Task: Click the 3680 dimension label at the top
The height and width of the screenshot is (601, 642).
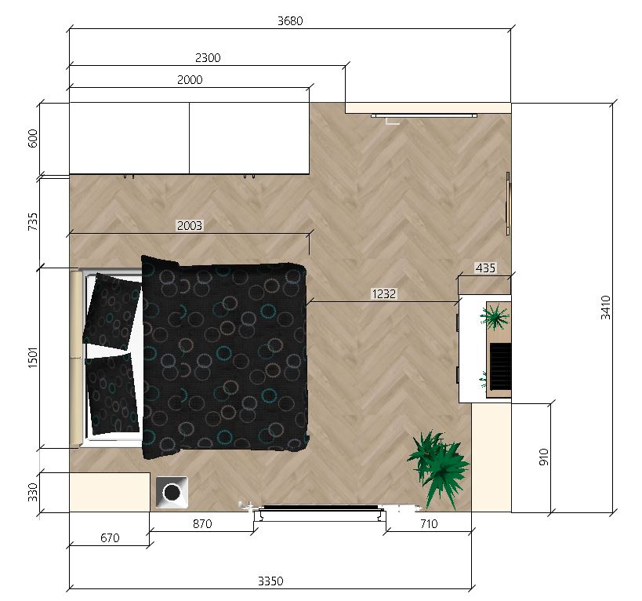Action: tap(290, 21)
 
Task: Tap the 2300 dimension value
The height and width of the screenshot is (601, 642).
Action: tap(208, 58)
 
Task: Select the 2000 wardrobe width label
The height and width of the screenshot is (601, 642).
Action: tap(190, 80)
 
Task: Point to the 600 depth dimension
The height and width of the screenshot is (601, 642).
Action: tap(33, 138)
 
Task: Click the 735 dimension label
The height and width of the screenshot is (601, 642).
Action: tap(33, 221)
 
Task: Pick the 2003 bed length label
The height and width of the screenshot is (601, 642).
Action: tap(190, 226)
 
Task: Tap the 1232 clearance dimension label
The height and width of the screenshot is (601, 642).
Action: tap(383, 293)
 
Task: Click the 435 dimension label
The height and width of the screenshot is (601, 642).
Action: tap(485, 268)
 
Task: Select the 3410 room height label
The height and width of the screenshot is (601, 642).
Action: tap(606, 308)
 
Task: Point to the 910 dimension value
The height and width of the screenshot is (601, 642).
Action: tap(544, 457)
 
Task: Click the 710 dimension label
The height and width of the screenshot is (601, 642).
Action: tap(429, 524)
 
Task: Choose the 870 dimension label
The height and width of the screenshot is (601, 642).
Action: tap(202, 524)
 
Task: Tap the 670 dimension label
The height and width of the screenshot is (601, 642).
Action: tap(110, 538)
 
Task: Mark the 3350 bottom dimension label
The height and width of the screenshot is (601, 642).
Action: tap(270, 581)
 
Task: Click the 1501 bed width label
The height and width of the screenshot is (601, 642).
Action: tap(33, 357)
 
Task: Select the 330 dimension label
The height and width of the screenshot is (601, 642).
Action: tap(33, 492)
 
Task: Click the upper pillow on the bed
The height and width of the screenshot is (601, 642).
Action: tap(112, 310)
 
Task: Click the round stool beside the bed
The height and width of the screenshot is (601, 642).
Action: tap(172, 492)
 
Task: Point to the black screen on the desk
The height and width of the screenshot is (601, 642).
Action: tap(501, 366)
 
